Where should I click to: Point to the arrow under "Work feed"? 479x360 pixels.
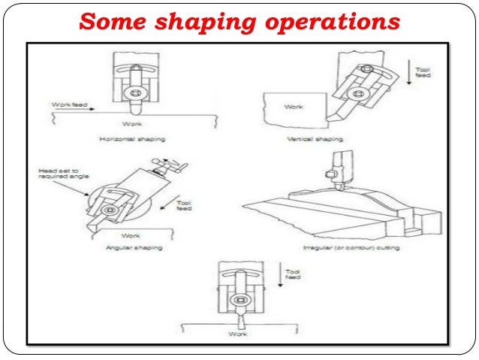tap(75, 110)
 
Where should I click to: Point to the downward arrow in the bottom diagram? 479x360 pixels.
tap(279, 275)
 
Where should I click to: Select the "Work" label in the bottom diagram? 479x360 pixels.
tap(237, 333)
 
